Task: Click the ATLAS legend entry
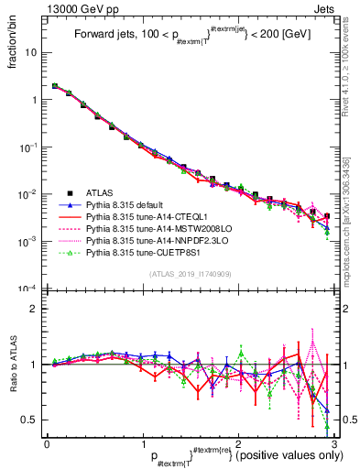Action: click(x=100, y=193)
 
